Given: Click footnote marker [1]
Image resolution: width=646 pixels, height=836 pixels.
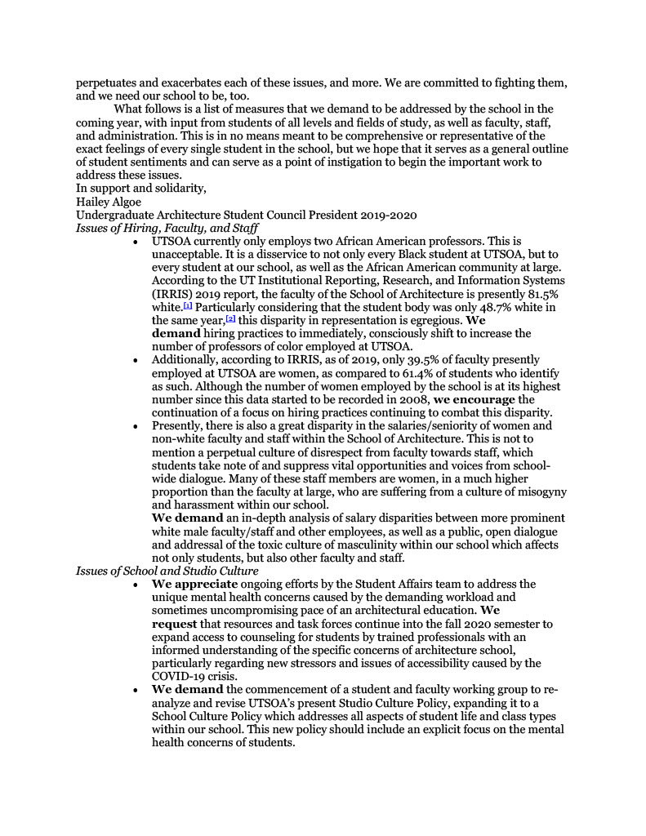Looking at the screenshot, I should (x=187, y=305).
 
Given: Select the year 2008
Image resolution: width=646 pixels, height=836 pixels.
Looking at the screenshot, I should (x=414, y=399).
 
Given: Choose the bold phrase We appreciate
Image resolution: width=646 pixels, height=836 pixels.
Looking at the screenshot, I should (x=194, y=584).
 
